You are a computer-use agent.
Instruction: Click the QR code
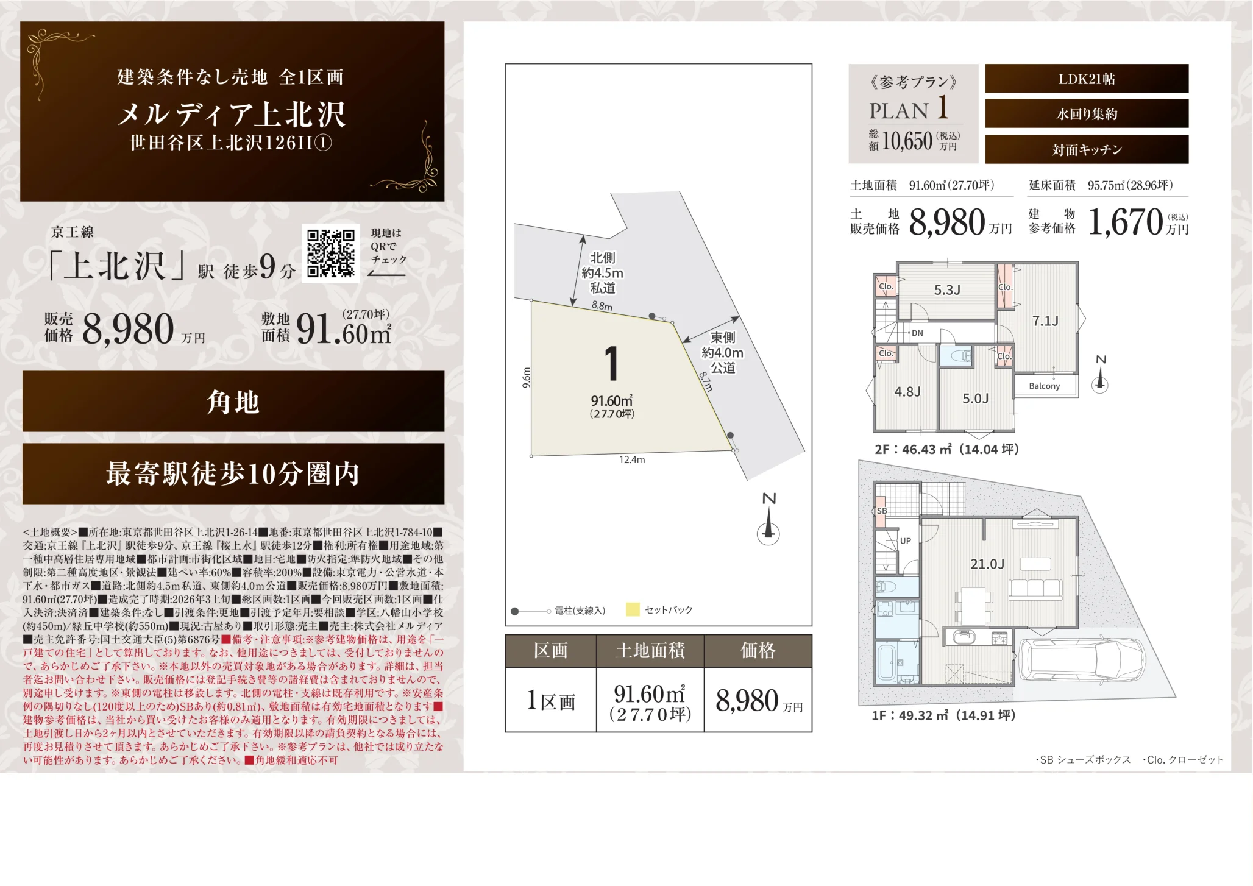click(330, 253)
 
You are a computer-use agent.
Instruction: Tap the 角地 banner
click(233, 402)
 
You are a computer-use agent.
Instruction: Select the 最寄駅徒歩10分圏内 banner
click(233, 473)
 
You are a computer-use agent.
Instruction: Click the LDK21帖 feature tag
click(1087, 79)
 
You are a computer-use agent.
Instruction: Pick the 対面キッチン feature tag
click(1087, 149)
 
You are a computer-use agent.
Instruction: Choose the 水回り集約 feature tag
click(1087, 114)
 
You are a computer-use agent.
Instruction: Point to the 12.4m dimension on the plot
click(632, 459)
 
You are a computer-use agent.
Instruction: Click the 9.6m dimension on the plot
click(527, 378)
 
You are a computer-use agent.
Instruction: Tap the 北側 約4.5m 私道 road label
click(602, 273)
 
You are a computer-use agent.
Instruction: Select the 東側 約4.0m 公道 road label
click(723, 353)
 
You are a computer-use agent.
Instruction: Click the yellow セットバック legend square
click(633, 609)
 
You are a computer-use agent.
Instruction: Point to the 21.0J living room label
click(987, 564)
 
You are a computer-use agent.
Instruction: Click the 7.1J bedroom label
click(1045, 321)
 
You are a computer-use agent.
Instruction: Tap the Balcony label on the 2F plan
click(1045, 386)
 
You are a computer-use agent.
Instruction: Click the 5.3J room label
click(947, 290)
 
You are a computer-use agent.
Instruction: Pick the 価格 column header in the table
click(758, 651)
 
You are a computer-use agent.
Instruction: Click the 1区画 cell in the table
click(551, 701)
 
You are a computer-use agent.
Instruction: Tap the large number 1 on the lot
click(612, 363)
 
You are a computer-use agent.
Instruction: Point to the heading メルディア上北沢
click(232, 114)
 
